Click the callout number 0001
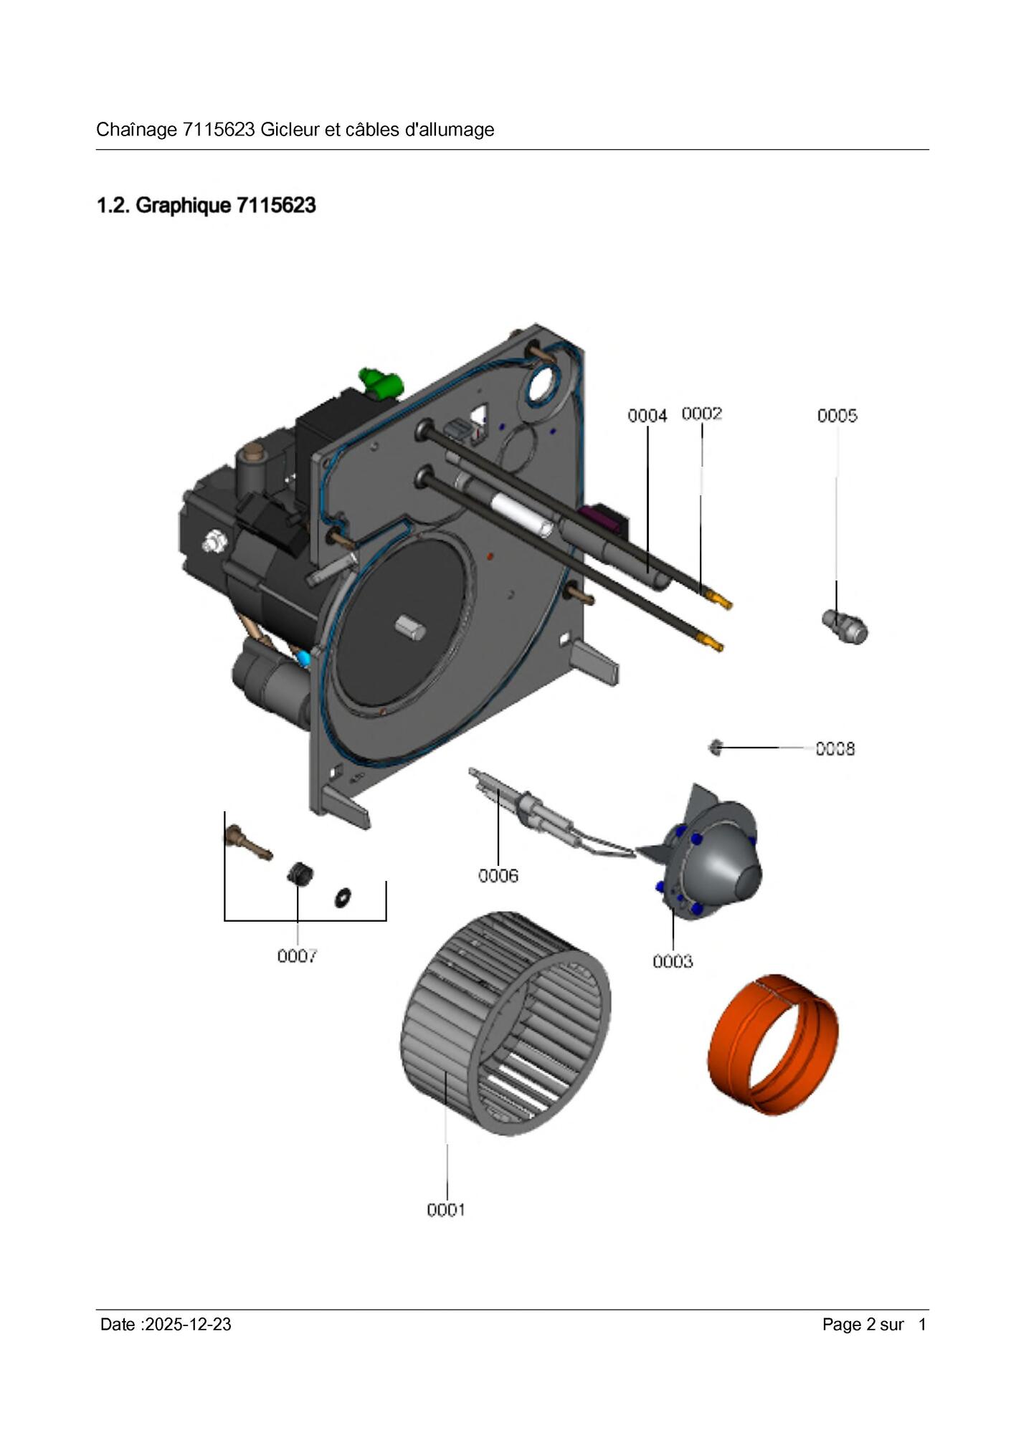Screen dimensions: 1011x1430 click(x=446, y=1210)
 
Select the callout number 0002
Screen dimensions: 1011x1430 click(x=701, y=414)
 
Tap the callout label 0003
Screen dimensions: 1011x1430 click(x=673, y=961)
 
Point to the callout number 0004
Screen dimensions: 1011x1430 click(x=647, y=416)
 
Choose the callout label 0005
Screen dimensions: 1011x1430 click(x=837, y=416)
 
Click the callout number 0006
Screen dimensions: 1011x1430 click(x=498, y=875)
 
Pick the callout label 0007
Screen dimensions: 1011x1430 click(x=297, y=955)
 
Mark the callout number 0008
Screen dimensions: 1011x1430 click(x=835, y=749)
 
